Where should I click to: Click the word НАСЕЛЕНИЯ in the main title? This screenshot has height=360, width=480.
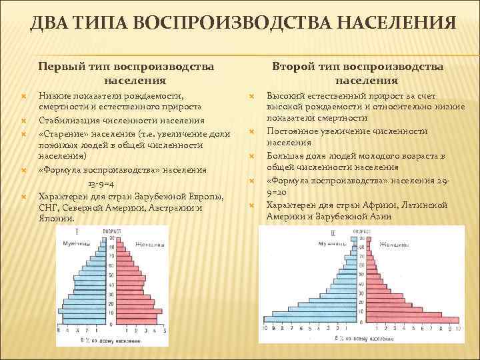click(x=393, y=24)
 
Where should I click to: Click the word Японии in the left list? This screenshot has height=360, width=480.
click(x=57, y=217)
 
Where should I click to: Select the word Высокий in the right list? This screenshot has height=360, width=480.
click(x=283, y=96)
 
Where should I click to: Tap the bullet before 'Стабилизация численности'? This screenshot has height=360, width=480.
click(x=23, y=121)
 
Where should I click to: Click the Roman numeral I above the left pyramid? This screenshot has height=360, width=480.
click(x=77, y=231)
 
